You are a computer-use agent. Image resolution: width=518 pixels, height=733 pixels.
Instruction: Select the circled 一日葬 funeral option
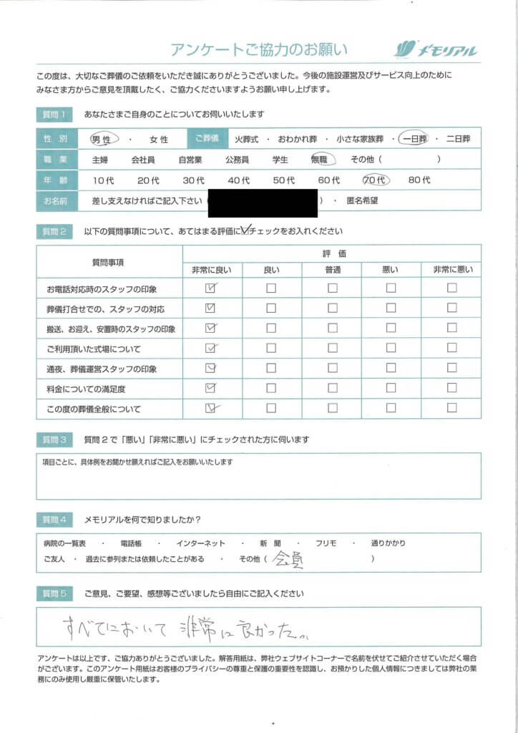tap(414, 139)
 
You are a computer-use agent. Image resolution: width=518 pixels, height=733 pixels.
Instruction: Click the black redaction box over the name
tap(263, 202)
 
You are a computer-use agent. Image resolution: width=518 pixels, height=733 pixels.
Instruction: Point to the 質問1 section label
tap(54, 115)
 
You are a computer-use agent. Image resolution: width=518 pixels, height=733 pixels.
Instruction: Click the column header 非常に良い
tap(212, 269)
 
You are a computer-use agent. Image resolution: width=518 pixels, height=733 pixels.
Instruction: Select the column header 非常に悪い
tap(451, 269)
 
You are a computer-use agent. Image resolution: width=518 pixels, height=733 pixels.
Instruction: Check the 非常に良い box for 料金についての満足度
tap(210, 389)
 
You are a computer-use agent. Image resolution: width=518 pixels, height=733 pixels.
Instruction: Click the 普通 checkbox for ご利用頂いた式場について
tap(333, 349)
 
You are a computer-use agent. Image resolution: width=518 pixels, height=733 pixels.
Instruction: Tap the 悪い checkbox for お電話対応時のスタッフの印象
tap(391, 288)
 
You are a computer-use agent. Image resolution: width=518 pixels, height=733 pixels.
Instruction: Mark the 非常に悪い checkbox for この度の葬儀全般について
tap(451, 409)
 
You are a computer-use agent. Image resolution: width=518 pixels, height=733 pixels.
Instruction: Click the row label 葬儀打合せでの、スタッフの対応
tap(105, 309)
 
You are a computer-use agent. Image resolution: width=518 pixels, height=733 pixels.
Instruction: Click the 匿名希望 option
tap(362, 201)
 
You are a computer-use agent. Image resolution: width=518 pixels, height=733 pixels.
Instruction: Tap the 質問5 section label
tap(54, 594)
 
